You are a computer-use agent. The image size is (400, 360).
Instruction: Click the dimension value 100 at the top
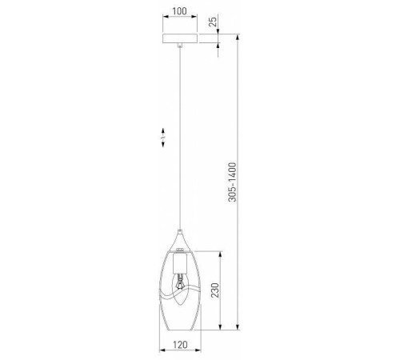pyautogui.click(x=180, y=11)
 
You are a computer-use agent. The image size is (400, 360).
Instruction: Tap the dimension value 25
pyautogui.click(x=213, y=22)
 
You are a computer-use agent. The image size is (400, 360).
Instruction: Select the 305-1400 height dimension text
pyautogui.click(x=232, y=182)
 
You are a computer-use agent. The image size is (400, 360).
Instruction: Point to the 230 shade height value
pyautogui.click(x=215, y=290)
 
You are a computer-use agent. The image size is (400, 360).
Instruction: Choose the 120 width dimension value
pyautogui.click(x=180, y=345)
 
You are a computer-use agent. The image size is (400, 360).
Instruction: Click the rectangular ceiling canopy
pyautogui.click(x=180, y=38)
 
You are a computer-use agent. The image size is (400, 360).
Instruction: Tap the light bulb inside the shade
pyautogui.click(x=180, y=290)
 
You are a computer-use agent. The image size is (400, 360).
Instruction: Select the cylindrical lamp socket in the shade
pyautogui.click(x=180, y=264)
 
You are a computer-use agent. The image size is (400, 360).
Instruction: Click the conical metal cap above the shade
pyautogui.click(x=180, y=240)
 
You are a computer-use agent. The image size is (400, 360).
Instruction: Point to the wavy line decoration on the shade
pyautogui.click(x=180, y=294)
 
